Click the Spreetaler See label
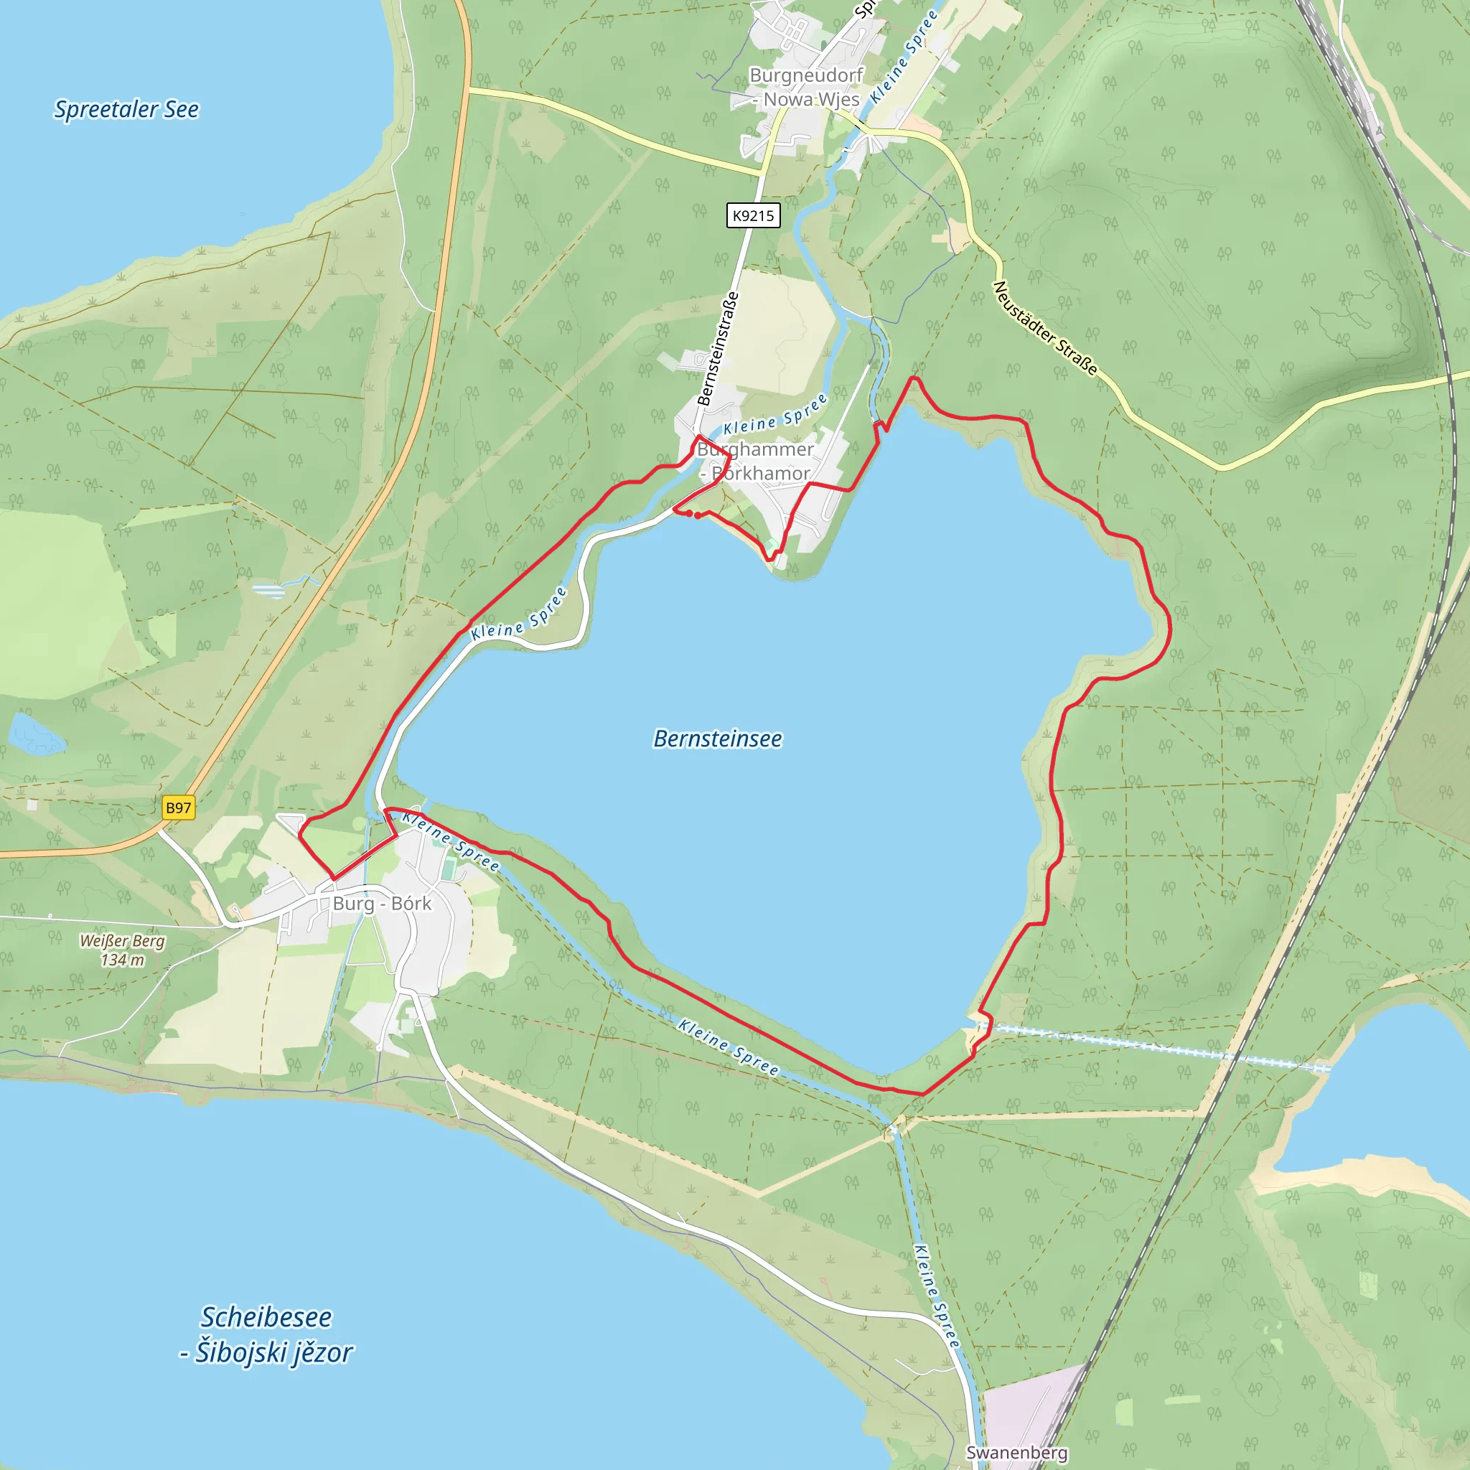[126, 110]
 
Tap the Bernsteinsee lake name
[718, 739]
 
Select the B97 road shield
[179, 807]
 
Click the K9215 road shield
[752, 215]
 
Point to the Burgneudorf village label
[806, 75]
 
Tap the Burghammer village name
[755, 449]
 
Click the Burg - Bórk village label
[382, 903]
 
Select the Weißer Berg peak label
[123, 940]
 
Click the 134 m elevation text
[123, 960]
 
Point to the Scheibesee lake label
[266, 1317]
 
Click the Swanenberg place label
[1016, 1452]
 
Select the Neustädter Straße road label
[1045, 328]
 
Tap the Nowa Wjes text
[811, 100]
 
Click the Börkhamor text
[760, 473]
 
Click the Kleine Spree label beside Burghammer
[774, 414]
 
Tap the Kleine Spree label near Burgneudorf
[904, 57]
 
